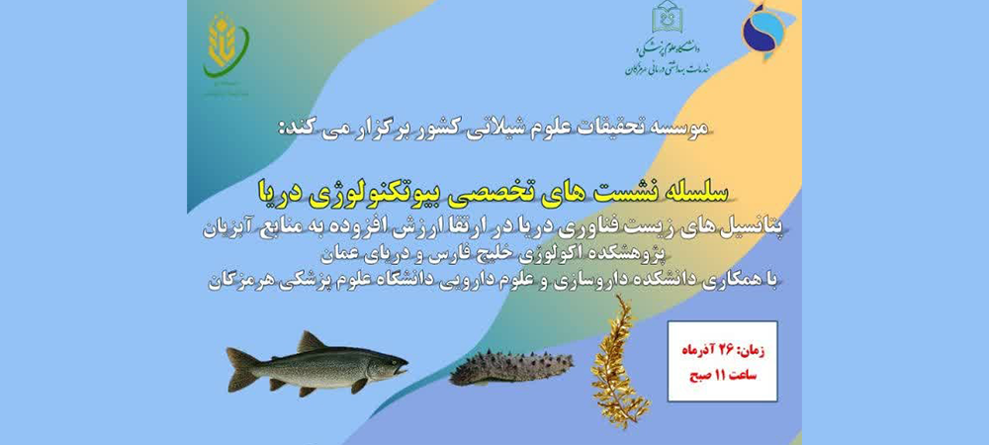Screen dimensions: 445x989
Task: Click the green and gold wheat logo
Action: [225, 47]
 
